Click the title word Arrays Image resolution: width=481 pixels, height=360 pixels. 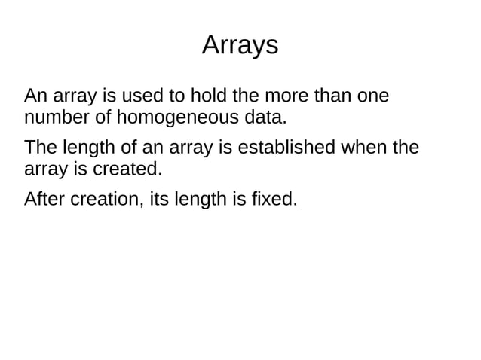tap(240, 46)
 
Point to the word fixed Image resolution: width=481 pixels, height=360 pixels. tap(277, 200)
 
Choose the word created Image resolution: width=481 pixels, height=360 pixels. tap(127, 169)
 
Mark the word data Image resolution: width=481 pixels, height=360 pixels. tap(265, 118)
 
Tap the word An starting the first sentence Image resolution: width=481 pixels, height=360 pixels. tap(35, 97)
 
